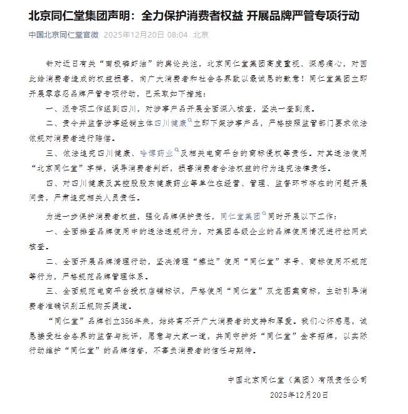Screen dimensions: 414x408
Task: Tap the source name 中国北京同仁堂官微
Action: (x=64, y=36)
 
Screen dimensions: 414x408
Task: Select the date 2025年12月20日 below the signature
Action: (x=299, y=396)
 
